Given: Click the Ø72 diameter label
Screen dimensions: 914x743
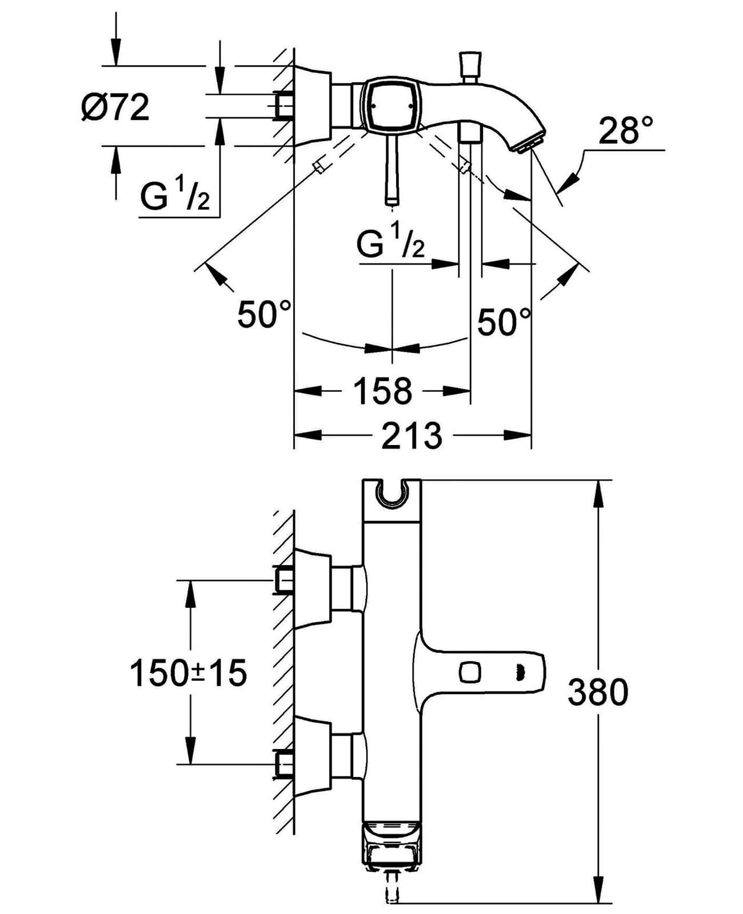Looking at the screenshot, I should [116, 107].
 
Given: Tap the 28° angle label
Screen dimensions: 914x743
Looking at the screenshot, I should [625, 131].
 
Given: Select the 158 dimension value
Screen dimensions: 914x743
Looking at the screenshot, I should [382, 391].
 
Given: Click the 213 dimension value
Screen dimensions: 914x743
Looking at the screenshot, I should [412, 436].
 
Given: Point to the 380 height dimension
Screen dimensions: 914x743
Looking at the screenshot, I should [598, 692].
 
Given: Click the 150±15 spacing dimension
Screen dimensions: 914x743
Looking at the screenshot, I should [189, 672].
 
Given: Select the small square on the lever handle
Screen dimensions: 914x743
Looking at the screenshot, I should [471, 671].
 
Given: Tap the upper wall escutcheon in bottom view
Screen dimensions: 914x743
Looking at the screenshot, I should [313, 588].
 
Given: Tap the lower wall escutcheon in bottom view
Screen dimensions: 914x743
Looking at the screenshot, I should [313, 755].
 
